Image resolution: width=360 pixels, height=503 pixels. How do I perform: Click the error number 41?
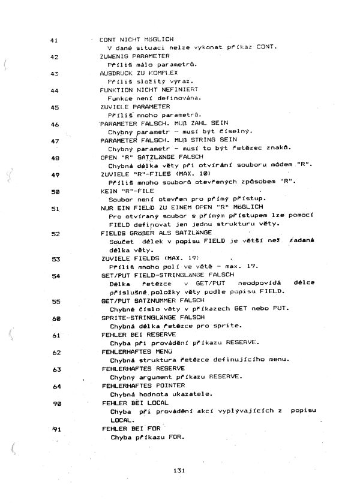pyautogui.click(x=53, y=41)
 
